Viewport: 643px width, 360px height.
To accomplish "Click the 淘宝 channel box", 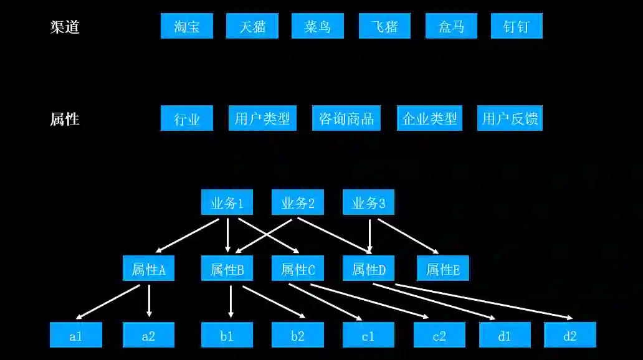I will (x=186, y=26).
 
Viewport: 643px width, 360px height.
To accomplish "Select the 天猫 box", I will (x=252, y=26).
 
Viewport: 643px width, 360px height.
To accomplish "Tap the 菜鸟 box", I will (x=317, y=26).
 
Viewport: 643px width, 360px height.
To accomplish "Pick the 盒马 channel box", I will (x=451, y=26).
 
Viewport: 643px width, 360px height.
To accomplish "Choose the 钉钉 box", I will (x=516, y=26).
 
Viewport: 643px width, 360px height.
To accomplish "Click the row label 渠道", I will (x=65, y=27).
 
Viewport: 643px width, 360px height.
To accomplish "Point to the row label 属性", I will (x=65, y=119).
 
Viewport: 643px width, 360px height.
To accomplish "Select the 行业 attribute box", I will (x=186, y=118).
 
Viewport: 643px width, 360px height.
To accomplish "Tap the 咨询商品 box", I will (x=346, y=118).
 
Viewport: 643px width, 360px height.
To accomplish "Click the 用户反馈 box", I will (x=510, y=118).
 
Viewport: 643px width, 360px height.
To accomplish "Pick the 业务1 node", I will (x=227, y=202).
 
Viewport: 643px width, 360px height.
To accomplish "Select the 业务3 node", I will (x=368, y=202).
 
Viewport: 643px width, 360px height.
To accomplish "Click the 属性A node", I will (x=148, y=268).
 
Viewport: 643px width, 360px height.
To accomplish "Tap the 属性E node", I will (x=442, y=268).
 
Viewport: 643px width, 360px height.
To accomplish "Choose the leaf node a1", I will (x=75, y=335).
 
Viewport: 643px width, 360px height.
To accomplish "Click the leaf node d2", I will (x=569, y=335).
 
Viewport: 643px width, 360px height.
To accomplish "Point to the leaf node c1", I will (x=368, y=335).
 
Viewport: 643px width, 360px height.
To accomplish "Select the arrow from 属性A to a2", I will (x=149, y=300).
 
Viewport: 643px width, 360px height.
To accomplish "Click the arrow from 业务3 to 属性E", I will (x=408, y=236).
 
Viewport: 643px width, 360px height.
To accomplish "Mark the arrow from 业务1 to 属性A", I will (x=186, y=235).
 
